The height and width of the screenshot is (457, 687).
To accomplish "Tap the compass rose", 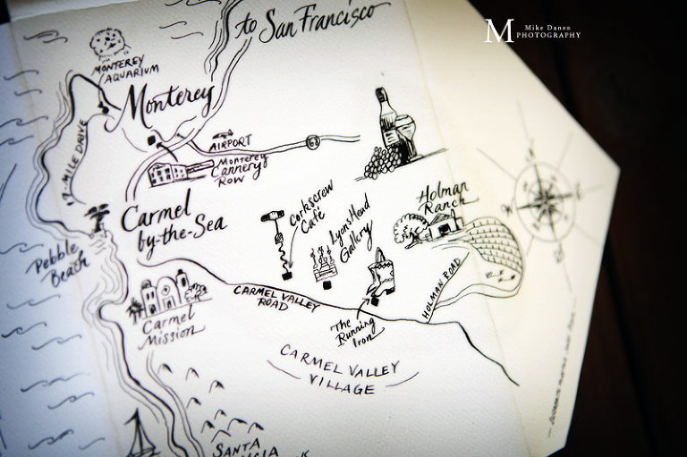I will [x=541, y=192].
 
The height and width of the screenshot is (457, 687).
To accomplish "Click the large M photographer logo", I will [x=497, y=30].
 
